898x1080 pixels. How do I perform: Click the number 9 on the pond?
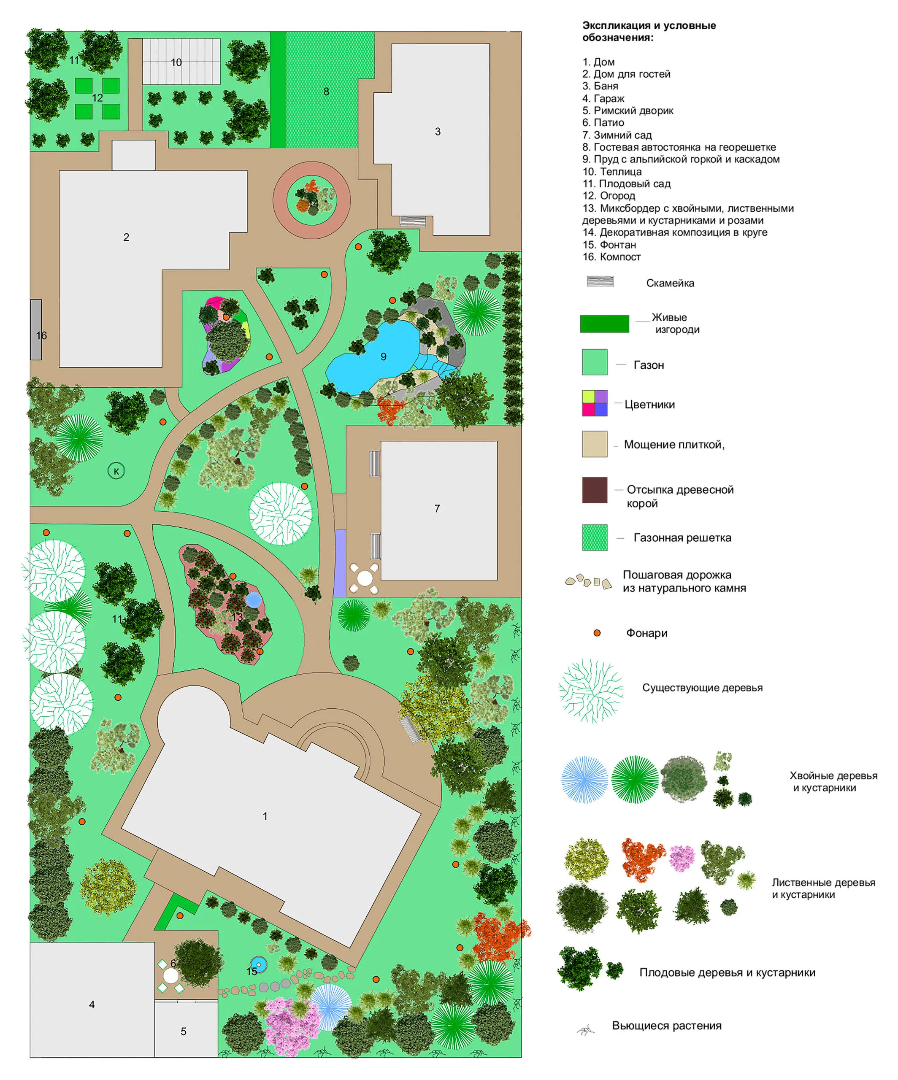tap(383, 356)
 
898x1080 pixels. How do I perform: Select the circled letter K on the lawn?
tap(116, 470)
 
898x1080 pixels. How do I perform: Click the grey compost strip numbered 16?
tap(35, 329)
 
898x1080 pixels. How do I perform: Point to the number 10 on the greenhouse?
tap(176, 62)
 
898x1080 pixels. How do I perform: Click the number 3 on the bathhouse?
tap(438, 131)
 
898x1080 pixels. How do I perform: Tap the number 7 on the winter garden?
tap(437, 509)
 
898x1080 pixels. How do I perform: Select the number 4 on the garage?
tap(92, 1004)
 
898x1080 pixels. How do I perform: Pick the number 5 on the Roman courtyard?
tap(184, 1031)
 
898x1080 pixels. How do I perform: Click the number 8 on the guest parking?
tap(326, 92)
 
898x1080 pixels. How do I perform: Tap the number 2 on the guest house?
tap(126, 237)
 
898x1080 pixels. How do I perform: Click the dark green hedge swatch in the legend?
tap(604, 324)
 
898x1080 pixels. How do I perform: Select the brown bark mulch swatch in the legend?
tap(595, 490)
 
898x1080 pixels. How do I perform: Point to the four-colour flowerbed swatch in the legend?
tap(595, 403)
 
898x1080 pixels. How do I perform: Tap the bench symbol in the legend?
tap(600, 282)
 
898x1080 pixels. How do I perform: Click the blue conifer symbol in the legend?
tap(584, 780)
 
